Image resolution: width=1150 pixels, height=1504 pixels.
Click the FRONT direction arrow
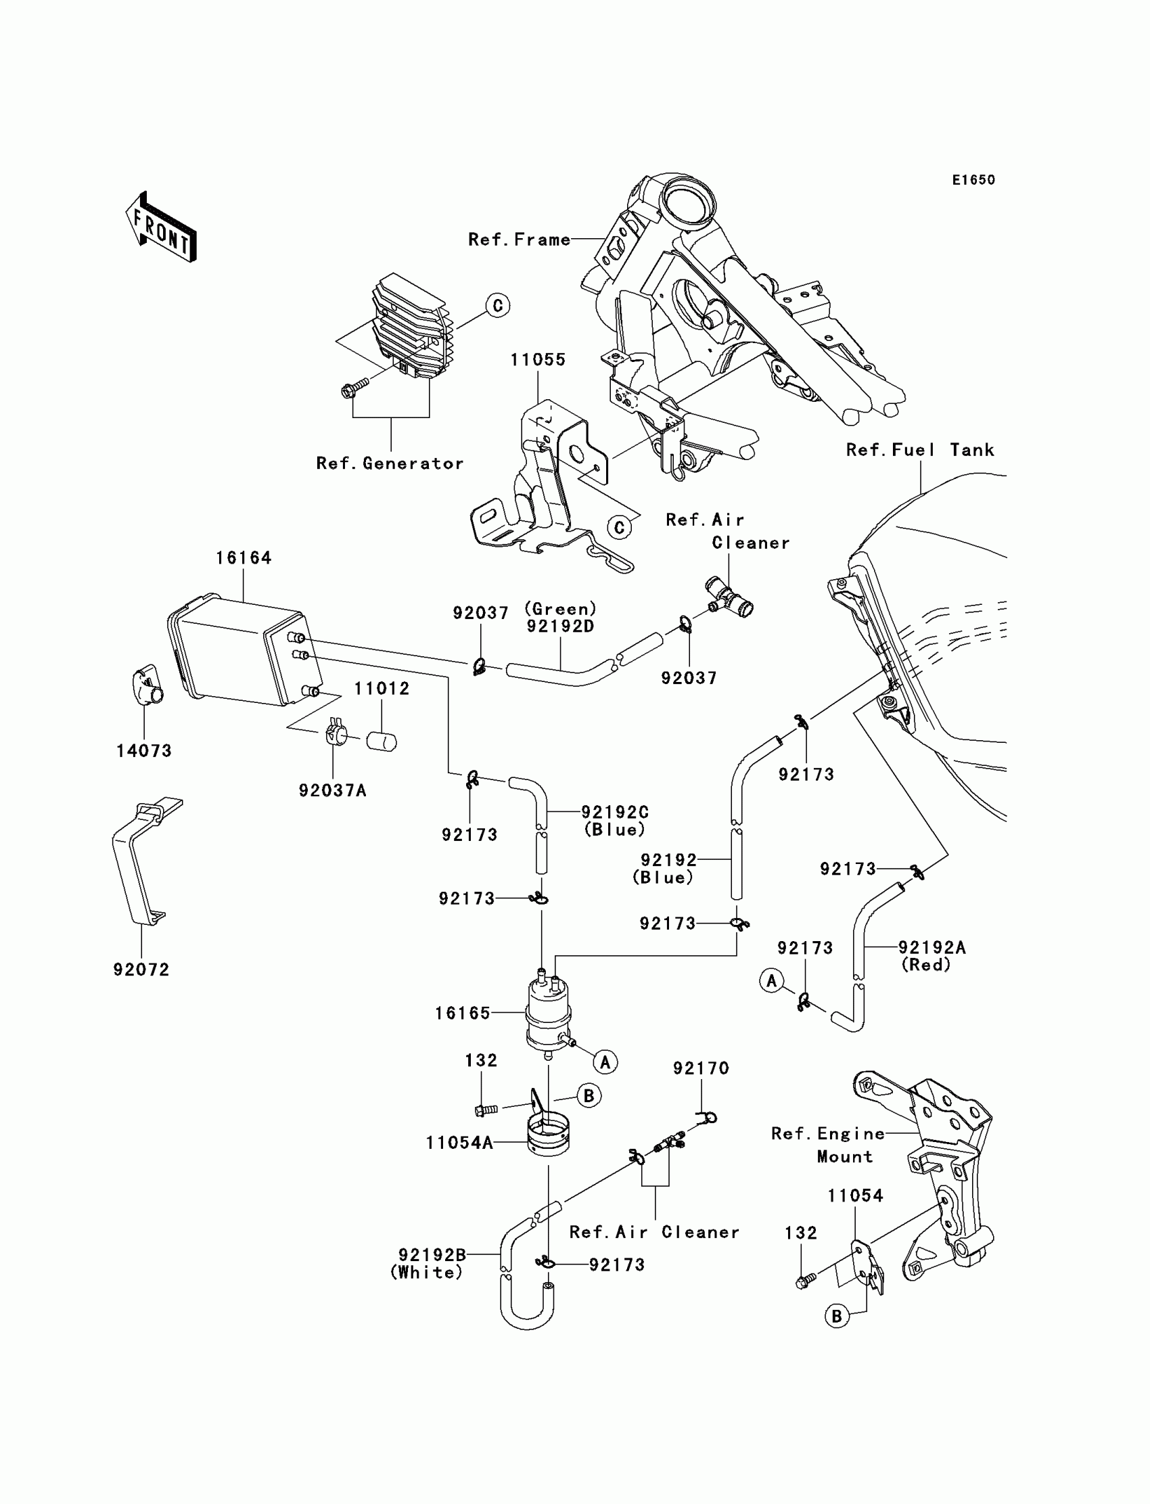pos(161,227)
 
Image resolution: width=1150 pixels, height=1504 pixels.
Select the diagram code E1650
pos(973,180)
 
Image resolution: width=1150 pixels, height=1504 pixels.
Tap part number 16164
pos(244,558)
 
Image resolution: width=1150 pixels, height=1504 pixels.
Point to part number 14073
pos(143,751)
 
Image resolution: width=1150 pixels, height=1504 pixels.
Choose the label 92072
pos(141,970)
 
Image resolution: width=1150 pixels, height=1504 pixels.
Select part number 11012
pos(382,689)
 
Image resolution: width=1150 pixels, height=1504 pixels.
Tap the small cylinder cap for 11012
pos(382,742)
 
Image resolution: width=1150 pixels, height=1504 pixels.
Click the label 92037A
pos(333,791)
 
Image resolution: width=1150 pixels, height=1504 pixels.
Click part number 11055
pos(538,360)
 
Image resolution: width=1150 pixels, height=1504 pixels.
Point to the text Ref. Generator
pos(390,463)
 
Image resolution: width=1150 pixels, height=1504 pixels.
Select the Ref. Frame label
pos(520,240)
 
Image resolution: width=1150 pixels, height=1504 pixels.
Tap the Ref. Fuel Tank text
pos(920,450)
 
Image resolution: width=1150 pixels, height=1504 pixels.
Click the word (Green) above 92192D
pos(561,609)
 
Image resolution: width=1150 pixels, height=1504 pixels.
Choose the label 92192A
pos(931,947)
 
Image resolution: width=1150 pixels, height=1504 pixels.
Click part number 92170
pos(701,1068)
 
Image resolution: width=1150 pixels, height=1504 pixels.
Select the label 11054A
pos(459,1143)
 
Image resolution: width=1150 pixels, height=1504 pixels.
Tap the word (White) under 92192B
pos(426,1273)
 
